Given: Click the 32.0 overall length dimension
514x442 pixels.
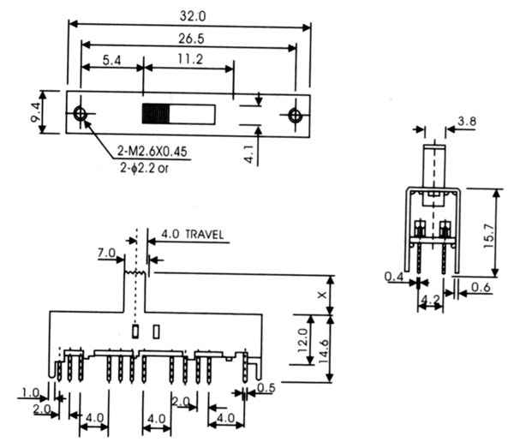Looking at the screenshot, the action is [193, 16].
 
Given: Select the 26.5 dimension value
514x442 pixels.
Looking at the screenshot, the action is [191, 39].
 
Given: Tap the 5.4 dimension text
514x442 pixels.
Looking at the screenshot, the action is [111, 60].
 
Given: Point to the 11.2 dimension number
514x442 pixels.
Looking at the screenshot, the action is [190, 59].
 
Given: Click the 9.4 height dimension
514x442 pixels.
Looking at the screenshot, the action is [36, 112].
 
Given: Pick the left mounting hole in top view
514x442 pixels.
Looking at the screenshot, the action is [80, 113].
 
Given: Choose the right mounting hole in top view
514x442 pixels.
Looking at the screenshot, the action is [295, 115].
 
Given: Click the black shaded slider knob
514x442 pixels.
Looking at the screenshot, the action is [156, 114].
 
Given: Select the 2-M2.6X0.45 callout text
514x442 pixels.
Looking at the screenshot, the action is [152, 152].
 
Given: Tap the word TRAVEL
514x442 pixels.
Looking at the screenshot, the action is [205, 235].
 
